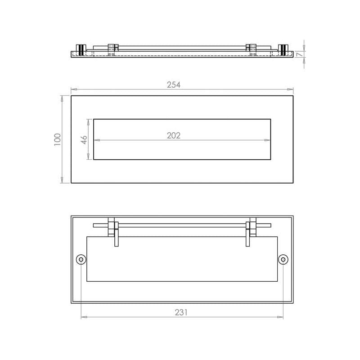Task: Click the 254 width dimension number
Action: point(174,85)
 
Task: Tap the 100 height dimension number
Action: point(57,139)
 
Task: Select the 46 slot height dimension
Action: point(84,140)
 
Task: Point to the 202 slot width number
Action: point(174,135)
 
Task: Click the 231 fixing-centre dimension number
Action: point(181,312)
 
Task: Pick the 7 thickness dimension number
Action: point(298,54)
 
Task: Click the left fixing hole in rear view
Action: point(81,260)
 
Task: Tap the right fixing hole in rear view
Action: point(283,260)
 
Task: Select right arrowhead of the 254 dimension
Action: point(290,90)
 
